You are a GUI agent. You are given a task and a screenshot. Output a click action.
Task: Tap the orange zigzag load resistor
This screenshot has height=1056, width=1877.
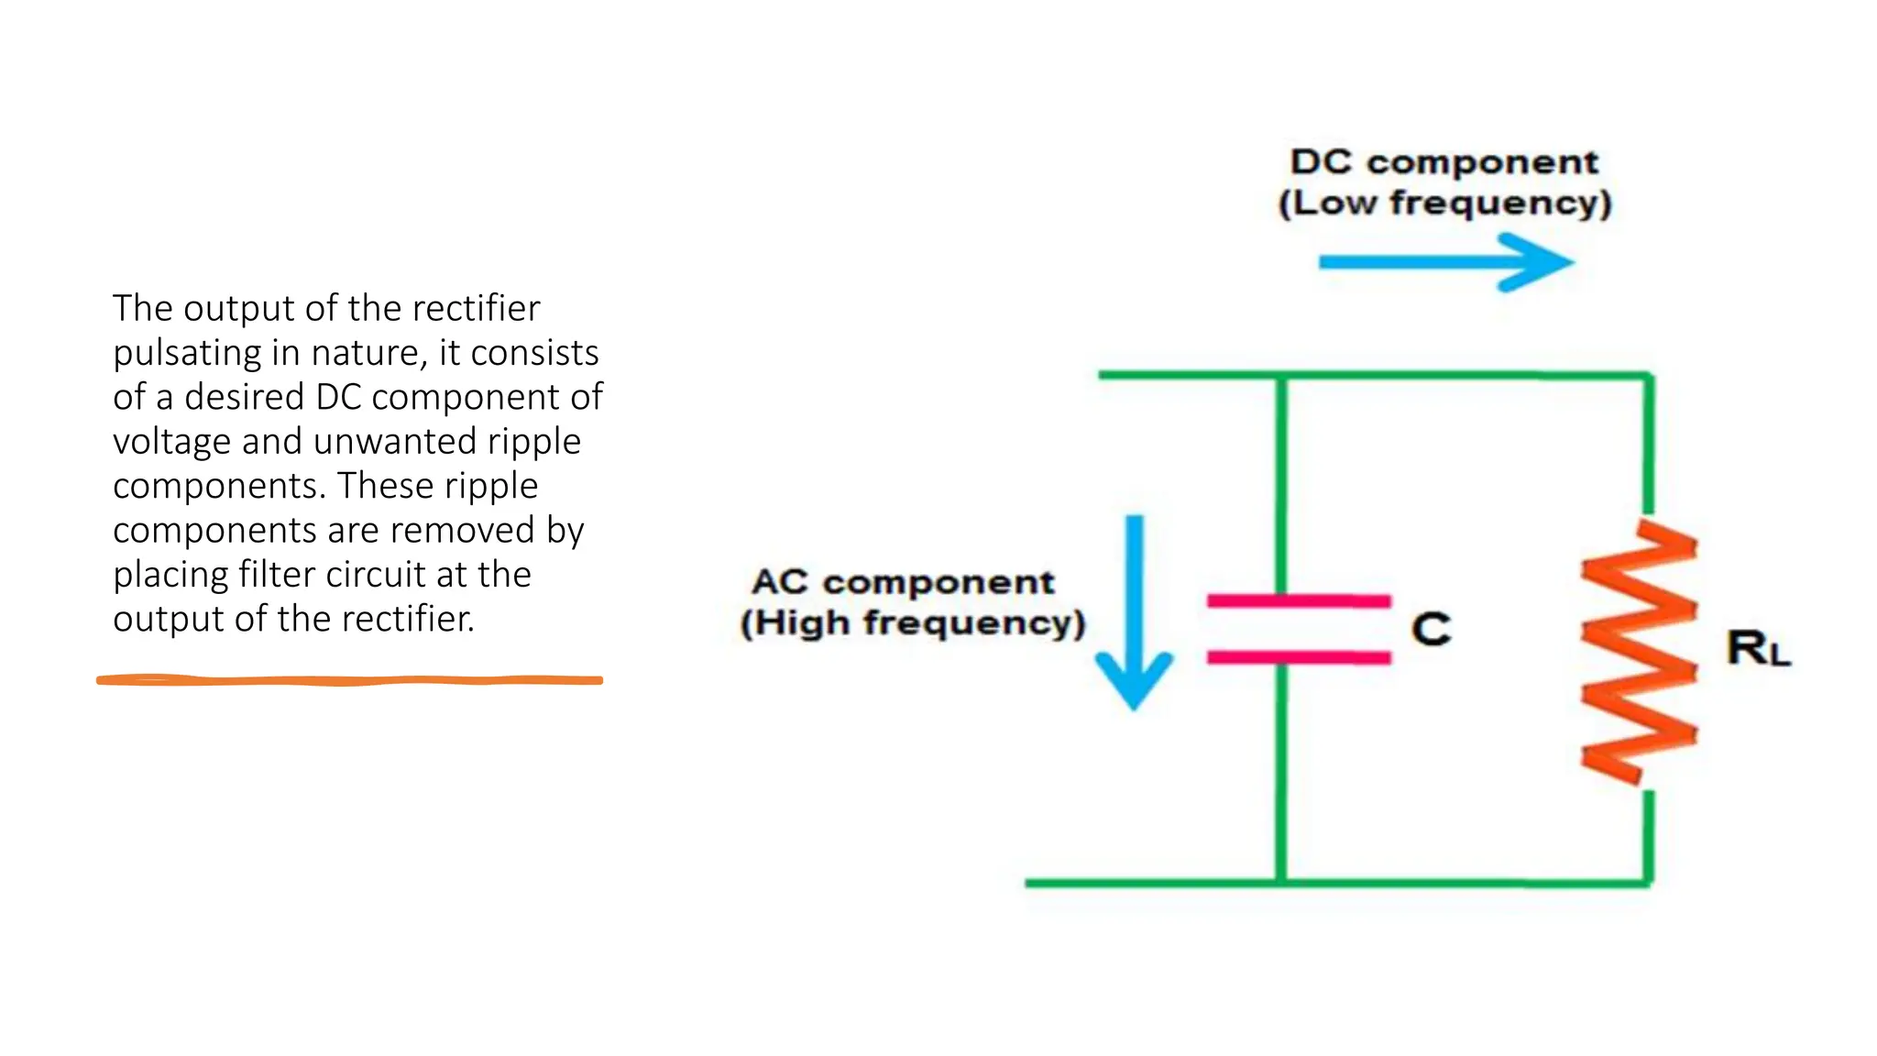tap(1639, 652)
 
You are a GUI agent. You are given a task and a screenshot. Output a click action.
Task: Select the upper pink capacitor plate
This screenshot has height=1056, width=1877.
tap(1298, 601)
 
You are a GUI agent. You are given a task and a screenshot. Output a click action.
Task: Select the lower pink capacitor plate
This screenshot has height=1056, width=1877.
tap(1298, 657)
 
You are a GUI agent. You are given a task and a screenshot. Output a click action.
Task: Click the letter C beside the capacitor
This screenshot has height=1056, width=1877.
tap(1431, 629)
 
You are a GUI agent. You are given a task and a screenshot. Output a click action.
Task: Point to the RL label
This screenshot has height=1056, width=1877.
tap(1757, 648)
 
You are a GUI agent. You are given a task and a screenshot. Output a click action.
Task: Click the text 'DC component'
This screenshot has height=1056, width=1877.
tap(1443, 162)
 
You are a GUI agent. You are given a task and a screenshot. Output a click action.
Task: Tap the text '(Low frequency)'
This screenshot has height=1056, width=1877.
tap(1444, 203)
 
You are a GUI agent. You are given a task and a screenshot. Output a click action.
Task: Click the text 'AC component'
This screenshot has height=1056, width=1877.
tap(903, 582)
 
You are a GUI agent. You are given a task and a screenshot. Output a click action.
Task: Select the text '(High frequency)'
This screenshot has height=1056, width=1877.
tap(913, 623)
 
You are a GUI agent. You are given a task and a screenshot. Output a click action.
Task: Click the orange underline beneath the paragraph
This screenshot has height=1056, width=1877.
tap(349, 680)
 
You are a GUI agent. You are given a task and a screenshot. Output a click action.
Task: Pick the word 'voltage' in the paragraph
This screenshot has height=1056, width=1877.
tap(171, 442)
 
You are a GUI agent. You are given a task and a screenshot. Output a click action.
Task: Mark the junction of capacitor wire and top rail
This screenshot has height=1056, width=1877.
tap(1281, 376)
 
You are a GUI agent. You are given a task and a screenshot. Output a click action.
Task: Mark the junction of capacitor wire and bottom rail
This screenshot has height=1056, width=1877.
tap(1281, 883)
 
